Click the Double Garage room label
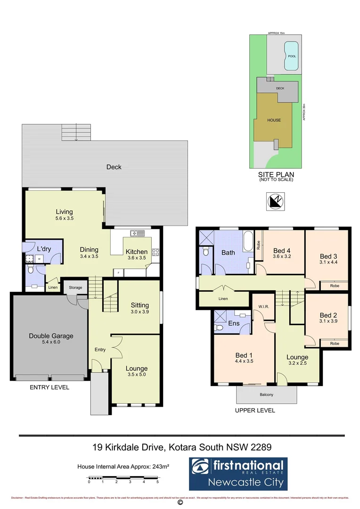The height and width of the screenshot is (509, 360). coord(51,336)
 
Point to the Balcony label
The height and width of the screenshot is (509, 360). coord(266,394)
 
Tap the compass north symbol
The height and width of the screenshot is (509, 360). coord(274,202)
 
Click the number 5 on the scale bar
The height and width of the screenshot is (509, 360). coord(157,482)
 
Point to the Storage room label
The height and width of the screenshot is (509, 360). coord(75,287)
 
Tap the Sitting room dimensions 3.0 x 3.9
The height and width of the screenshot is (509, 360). coord(139,312)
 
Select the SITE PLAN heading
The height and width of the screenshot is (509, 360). coord(276,174)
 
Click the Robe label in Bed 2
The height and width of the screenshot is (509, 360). coord(335,344)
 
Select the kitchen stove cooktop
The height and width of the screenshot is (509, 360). coord(155,253)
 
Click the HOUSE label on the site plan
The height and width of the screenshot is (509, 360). coord(274,120)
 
